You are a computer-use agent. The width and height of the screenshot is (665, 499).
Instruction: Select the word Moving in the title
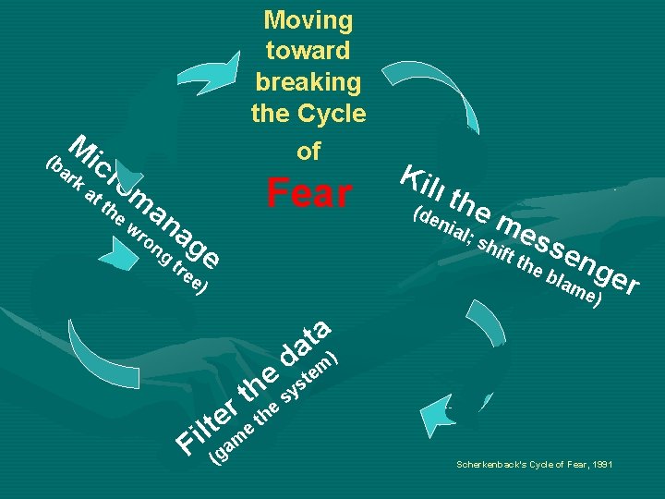point(308,19)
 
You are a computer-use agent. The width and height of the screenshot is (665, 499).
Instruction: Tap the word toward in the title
point(308,51)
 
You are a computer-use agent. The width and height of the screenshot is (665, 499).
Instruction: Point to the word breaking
point(308,82)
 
